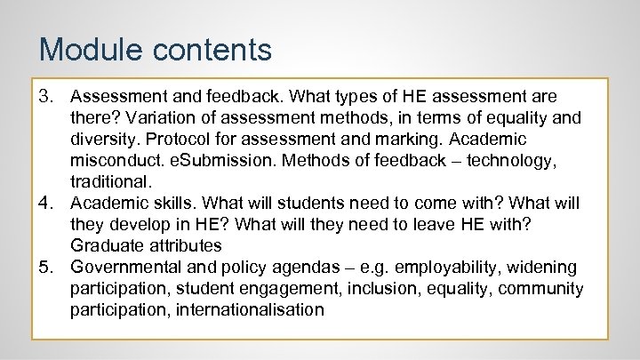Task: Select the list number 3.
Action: point(47,96)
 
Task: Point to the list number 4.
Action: point(47,203)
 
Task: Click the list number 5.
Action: point(47,268)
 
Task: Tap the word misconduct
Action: point(114,160)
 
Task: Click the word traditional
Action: point(110,181)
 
